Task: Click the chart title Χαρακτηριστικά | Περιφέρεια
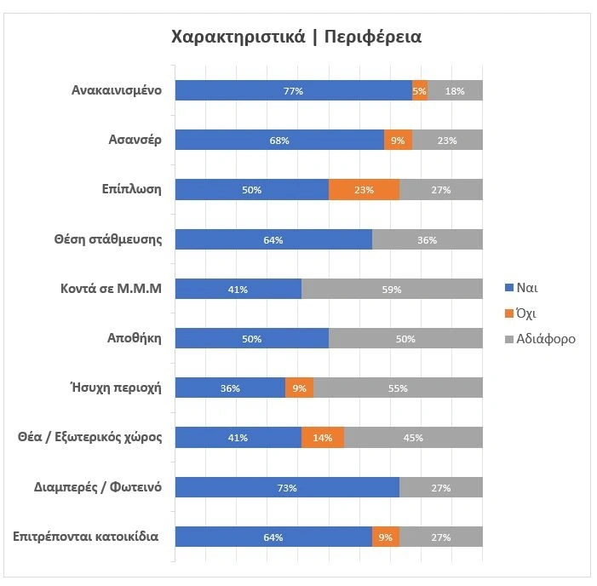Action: (297, 37)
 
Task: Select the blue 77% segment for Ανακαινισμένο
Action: (294, 90)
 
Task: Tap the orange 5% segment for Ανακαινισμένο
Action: (420, 90)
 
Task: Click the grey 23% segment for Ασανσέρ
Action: (447, 141)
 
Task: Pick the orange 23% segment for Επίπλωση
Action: (364, 190)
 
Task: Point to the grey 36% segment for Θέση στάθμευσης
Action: (428, 239)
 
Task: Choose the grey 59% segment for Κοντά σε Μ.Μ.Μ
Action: (392, 289)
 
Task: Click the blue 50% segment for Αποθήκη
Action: (252, 338)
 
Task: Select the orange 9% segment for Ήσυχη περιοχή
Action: (299, 388)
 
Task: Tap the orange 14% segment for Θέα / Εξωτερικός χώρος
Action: (323, 438)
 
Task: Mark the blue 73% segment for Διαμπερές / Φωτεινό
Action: (287, 487)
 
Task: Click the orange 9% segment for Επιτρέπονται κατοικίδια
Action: (386, 537)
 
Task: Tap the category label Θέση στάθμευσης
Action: (108, 239)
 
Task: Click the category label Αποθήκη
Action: (134, 338)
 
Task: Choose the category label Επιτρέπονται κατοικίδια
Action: (86, 537)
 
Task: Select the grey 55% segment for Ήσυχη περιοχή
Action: (398, 388)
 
